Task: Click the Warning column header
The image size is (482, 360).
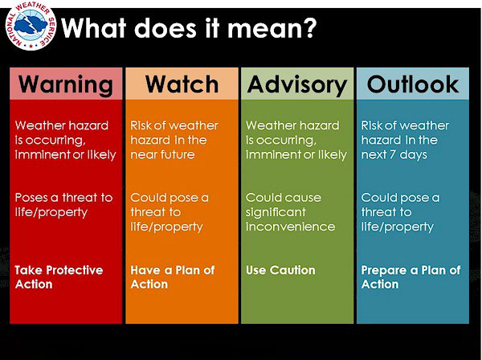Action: (66, 84)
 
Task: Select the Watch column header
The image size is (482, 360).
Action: (182, 84)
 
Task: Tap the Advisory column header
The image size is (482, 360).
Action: (296, 84)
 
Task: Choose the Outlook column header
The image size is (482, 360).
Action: (413, 84)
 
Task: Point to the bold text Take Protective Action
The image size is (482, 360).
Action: (59, 277)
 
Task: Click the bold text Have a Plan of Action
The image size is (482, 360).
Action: (173, 277)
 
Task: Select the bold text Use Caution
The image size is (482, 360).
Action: (280, 271)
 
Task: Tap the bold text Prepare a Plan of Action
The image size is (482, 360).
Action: (411, 277)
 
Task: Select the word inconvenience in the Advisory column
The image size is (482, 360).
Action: (290, 227)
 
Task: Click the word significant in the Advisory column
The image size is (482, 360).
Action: (276, 212)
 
